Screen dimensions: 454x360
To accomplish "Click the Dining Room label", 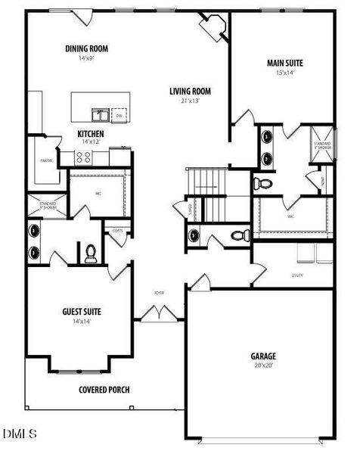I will pos(86,48).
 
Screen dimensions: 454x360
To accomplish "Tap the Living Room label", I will pos(190,92).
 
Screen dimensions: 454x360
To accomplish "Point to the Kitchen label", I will pos(91,133).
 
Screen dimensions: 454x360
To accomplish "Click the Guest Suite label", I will pos(82,311).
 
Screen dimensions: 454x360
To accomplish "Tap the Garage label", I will pos(263,356).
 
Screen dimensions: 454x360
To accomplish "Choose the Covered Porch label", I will pos(104,390).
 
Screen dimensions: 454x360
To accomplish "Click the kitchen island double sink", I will pos(100,115).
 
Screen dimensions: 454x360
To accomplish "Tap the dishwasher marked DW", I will pos(119,115).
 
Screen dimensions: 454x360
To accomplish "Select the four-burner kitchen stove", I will pos(83,158).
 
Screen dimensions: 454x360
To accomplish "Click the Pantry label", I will pos(45,160).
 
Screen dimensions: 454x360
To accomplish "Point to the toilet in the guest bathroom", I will pos(90,253).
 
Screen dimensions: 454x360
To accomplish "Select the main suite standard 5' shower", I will pos(321,148).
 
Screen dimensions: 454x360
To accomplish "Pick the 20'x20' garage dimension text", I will pos(263,365).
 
